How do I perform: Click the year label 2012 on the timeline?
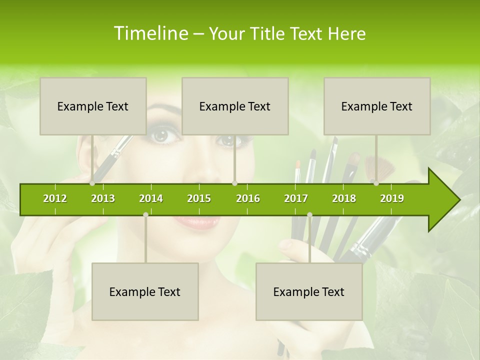(x=55, y=198)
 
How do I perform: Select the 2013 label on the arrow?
(x=103, y=198)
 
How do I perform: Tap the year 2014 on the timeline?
(x=151, y=198)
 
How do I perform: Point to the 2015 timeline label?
(x=199, y=198)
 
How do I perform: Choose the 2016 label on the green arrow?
(x=248, y=198)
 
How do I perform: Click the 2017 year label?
(x=296, y=198)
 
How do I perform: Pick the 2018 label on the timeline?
(x=344, y=198)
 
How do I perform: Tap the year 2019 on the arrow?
(x=392, y=198)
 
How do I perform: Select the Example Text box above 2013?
(x=93, y=106)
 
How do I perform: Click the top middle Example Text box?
(x=235, y=106)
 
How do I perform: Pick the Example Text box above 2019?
(x=377, y=106)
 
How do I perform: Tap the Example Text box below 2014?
(x=145, y=291)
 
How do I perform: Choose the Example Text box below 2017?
(x=309, y=291)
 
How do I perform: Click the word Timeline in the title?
(x=150, y=33)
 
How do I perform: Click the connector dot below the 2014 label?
(x=145, y=214)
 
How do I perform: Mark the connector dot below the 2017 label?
(x=309, y=214)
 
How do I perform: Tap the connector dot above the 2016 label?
(x=235, y=183)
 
